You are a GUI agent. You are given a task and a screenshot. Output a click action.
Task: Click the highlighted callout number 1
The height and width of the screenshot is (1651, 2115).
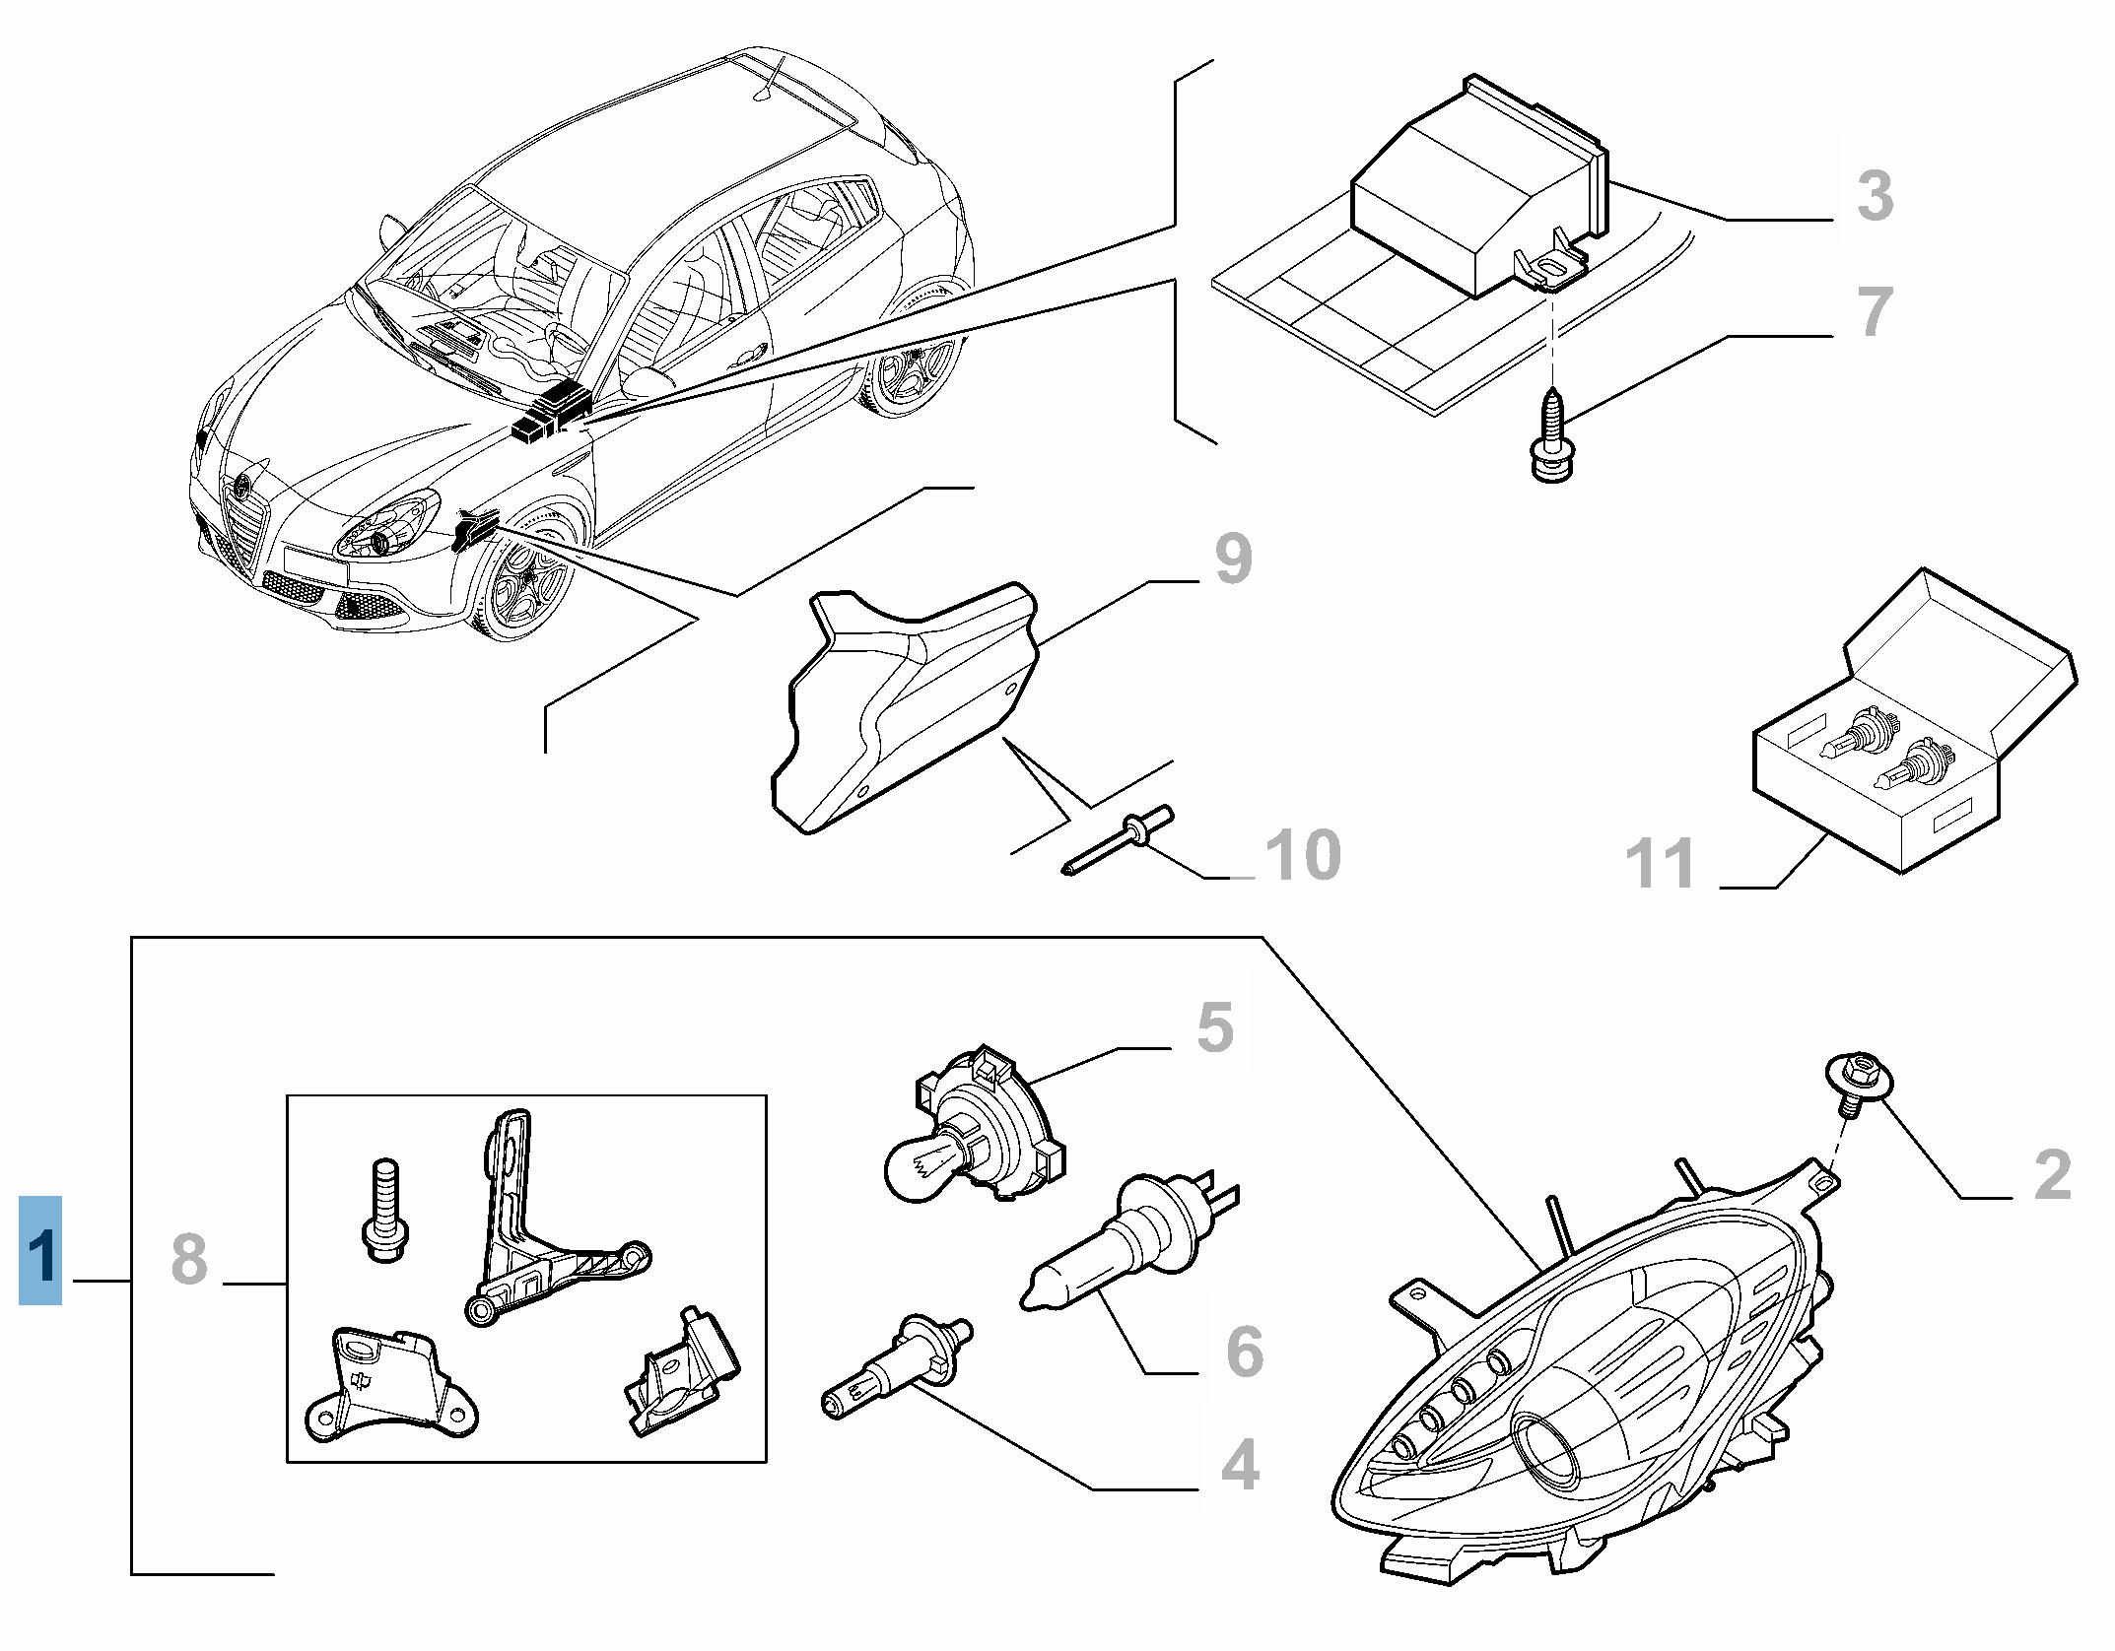point(40,1250)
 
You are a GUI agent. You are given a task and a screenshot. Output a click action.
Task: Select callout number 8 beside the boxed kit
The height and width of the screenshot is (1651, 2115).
point(189,1258)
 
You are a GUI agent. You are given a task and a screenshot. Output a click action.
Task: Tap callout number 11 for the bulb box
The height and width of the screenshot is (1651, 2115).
point(1660,862)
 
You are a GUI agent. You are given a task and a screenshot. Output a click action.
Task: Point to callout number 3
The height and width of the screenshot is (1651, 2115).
point(1874,194)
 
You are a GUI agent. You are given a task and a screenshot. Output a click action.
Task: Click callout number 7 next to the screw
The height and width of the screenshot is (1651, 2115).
point(1874,311)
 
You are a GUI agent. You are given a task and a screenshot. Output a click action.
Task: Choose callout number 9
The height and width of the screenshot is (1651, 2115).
point(1233,559)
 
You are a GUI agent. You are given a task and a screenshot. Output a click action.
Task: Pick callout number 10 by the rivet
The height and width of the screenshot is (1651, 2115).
point(1302,854)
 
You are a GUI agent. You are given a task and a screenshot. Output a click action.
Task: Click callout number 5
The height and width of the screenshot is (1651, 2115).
point(1214,1026)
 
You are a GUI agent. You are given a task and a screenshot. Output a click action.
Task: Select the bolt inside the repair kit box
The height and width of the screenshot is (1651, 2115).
point(384,1208)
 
